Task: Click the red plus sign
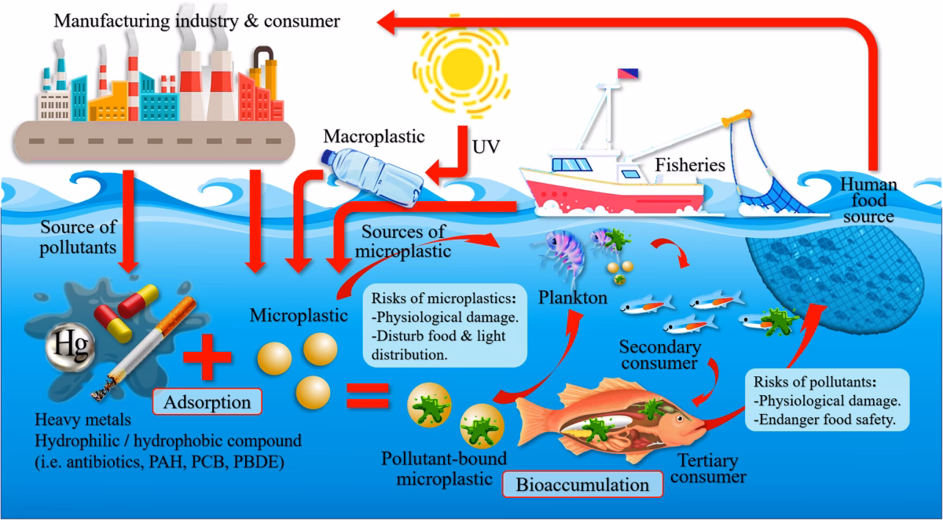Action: (x=207, y=362)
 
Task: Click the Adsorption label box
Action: (x=207, y=403)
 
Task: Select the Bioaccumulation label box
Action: (x=582, y=484)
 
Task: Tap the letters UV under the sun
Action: (x=486, y=147)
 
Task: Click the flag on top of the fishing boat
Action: (x=627, y=74)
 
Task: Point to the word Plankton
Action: (x=572, y=298)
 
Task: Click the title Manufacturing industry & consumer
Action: (x=196, y=20)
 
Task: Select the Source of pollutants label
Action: (x=78, y=236)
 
